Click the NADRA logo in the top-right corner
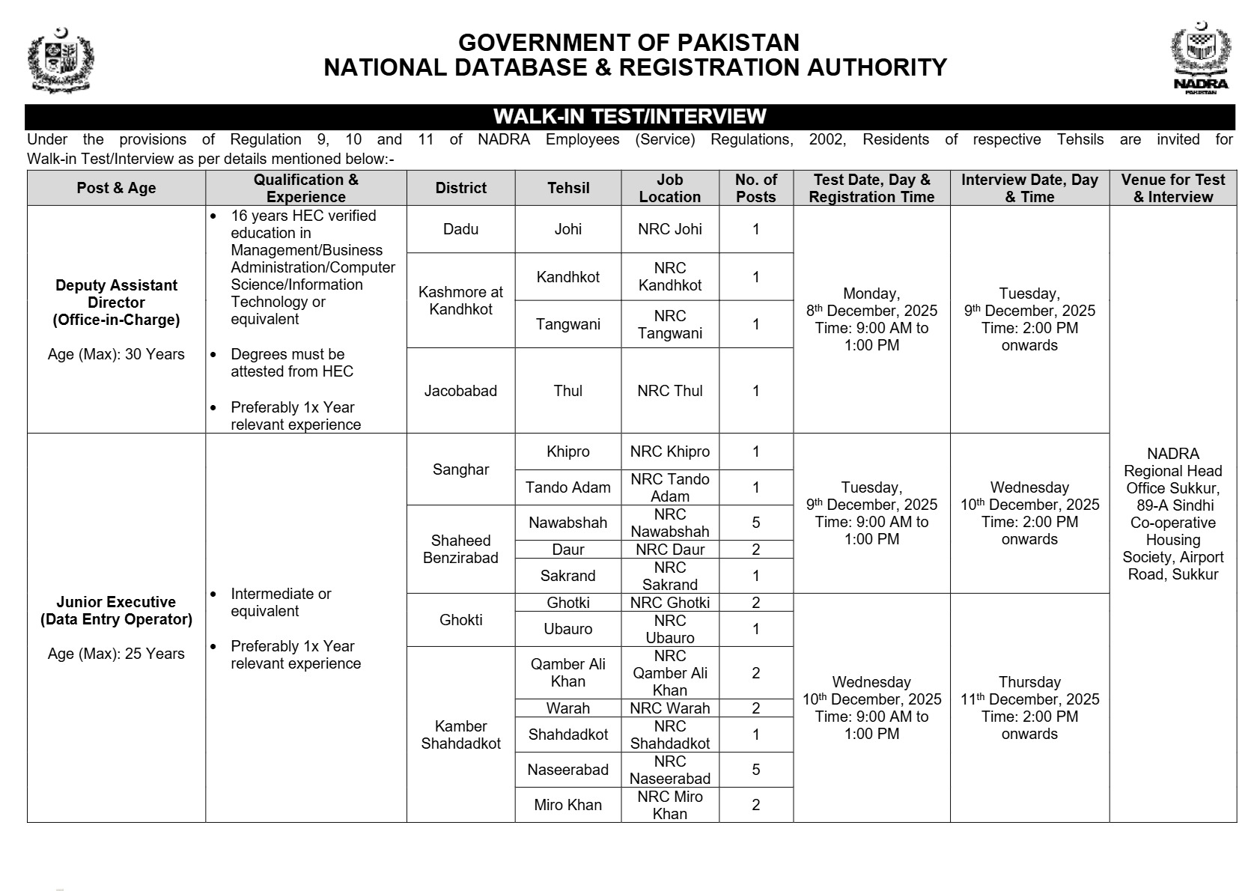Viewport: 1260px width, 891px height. click(1200, 58)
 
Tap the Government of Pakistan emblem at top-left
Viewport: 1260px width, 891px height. click(60, 60)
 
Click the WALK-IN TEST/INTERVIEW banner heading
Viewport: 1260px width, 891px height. click(630, 117)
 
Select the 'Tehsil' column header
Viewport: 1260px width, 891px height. click(568, 188)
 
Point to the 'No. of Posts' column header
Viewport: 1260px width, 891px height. click(755, 188)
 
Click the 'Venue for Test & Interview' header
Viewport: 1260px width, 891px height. click(1172, 188)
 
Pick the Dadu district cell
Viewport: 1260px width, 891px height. click(460, 229)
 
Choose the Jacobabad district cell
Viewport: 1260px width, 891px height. click(460, 391)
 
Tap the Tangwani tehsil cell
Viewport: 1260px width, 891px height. click(568, 324)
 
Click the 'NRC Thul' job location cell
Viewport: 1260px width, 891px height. click(670, 391)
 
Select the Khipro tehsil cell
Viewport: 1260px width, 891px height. click(568, 451)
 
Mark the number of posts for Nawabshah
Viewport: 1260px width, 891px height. click(755, 523)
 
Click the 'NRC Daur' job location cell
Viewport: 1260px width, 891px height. click(670, 550)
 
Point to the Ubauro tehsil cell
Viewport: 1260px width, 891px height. click(568, 629)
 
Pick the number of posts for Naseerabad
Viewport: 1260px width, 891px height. click(755, 770)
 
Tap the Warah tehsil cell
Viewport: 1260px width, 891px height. click(568, 708)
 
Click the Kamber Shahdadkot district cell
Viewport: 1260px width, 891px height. click(460, 735)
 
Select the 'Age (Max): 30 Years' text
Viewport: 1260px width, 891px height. click(116, 354)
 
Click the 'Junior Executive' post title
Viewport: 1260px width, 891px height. click(116, 602)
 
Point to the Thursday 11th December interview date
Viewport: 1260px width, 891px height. click(1029, 699)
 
